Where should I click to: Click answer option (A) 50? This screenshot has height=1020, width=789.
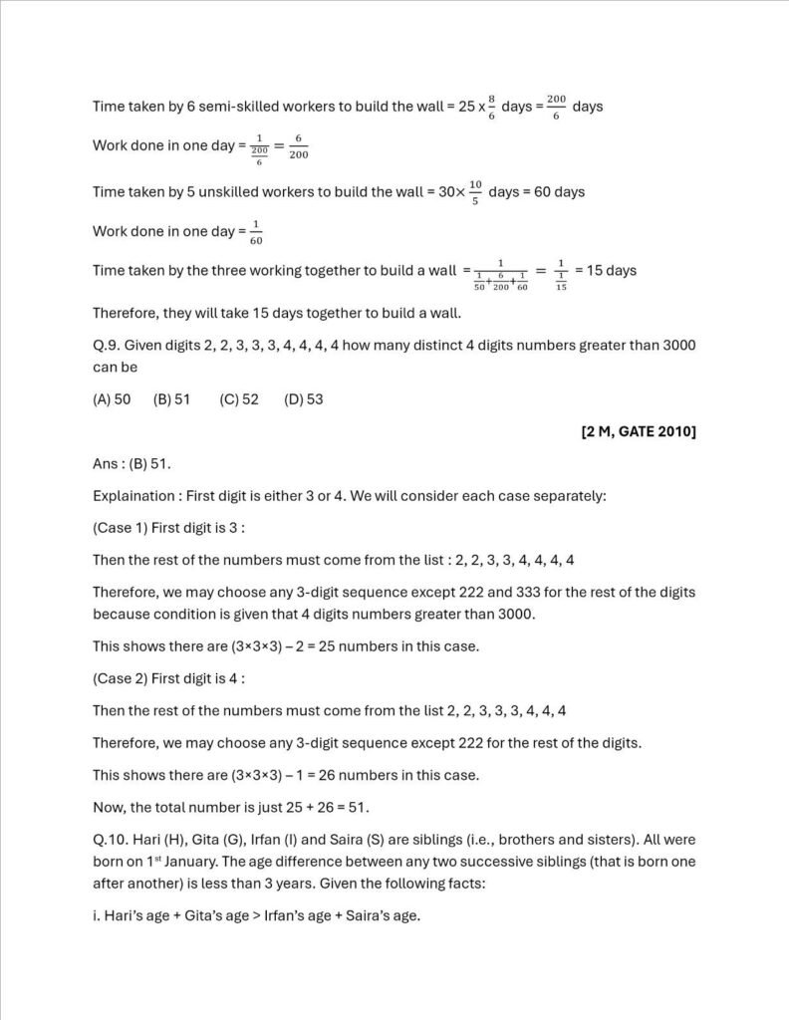click(x=112, y=399)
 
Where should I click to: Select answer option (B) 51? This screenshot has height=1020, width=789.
click(x=171, y=399)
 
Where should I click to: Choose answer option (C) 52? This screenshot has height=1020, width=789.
click(x=239, y=399)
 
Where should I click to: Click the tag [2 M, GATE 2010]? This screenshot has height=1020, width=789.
click(x=638, y=431)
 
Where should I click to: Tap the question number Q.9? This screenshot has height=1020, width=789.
click(x=107, y=345)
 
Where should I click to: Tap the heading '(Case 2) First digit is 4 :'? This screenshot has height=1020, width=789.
click(x=168, y=678)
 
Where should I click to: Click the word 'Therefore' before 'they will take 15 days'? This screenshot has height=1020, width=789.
click(x=125, y=313)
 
